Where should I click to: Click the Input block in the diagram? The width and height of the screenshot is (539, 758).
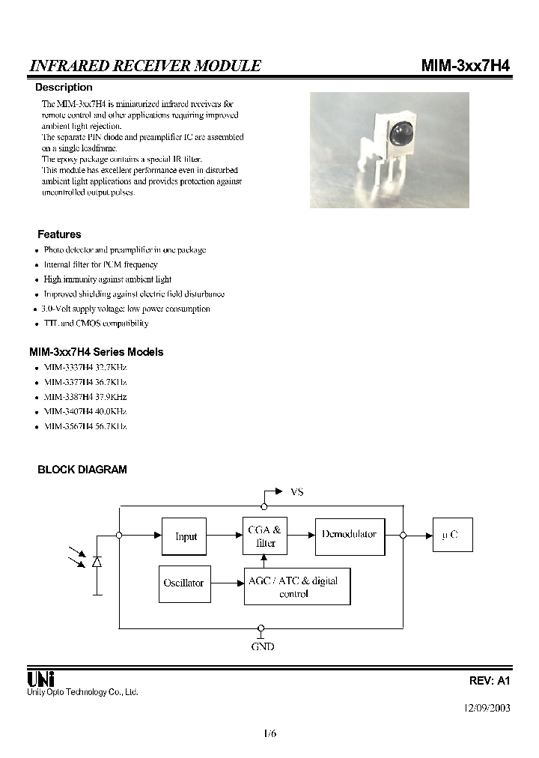185,536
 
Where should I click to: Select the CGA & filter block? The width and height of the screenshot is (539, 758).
265,536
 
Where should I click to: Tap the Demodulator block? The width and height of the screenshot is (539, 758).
349,536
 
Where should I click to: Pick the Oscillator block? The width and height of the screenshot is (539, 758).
183,583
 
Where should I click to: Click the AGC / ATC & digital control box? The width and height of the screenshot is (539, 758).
297,586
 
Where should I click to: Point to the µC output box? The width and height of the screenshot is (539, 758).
451,536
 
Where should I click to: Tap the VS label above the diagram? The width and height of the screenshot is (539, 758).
296,492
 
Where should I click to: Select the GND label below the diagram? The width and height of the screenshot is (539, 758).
262,646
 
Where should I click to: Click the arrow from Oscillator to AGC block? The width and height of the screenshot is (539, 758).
225,583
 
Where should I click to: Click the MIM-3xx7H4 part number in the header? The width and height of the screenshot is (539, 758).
466,66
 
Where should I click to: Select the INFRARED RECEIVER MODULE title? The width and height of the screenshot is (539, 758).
144,66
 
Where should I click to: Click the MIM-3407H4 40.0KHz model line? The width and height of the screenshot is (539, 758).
85,412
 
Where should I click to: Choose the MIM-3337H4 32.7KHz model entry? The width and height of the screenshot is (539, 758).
85,368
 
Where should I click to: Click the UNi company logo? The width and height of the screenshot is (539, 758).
40,679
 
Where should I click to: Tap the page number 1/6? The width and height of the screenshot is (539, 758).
270,734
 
